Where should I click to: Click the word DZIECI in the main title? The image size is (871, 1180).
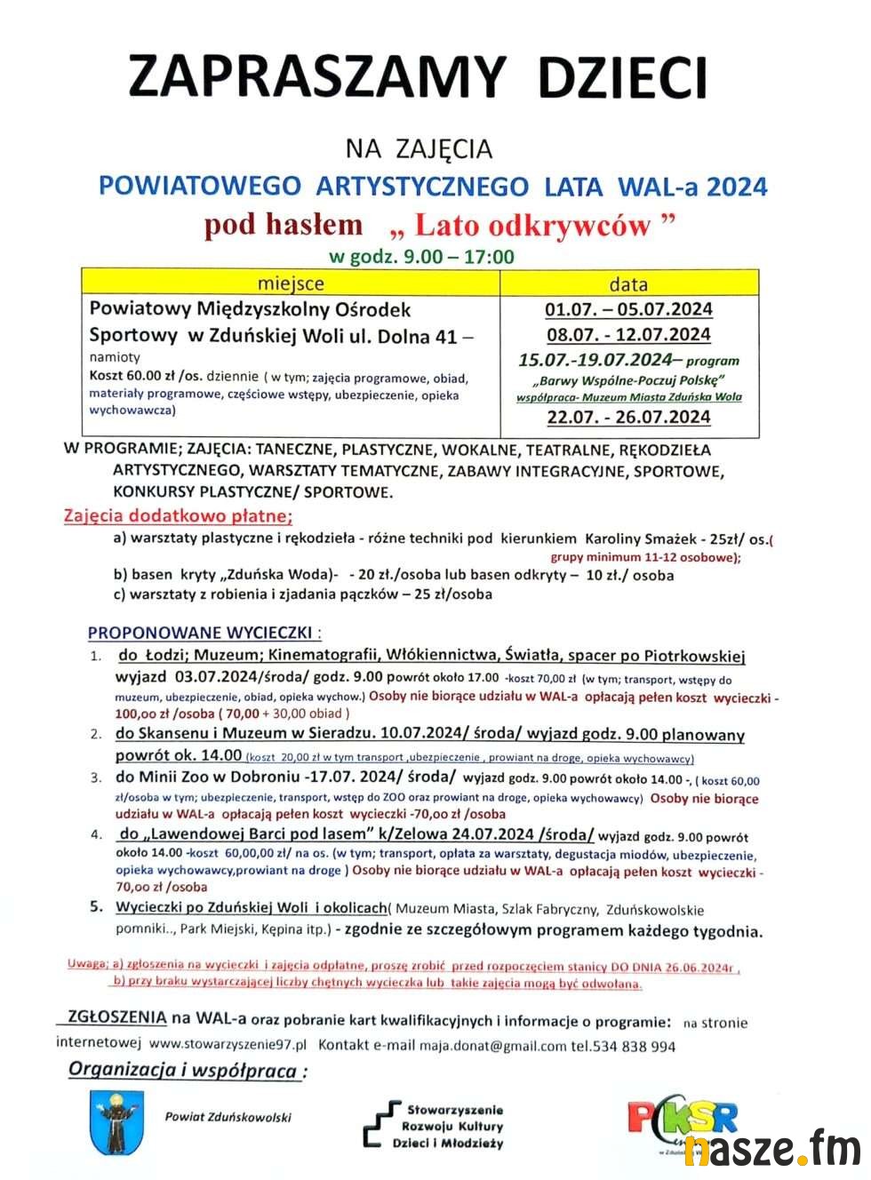[622, 76]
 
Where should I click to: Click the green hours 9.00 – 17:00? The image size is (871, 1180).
[458, 257]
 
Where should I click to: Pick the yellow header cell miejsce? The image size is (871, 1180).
[291, 283]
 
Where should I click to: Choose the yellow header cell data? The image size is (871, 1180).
[628, 284]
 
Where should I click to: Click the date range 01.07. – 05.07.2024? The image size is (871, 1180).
[628, 309]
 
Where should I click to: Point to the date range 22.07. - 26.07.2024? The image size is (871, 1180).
[628, 417]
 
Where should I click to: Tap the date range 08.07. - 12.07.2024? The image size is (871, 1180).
[628, 335]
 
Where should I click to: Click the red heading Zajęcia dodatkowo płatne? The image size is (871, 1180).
[178, 516]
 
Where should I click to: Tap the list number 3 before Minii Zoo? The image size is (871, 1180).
[96, 777]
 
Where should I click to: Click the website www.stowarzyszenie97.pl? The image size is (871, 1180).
[228, 1045]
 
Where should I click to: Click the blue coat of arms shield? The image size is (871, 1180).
[116, 1122]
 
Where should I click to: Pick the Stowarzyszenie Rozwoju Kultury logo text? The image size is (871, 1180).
[453, 1126]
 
